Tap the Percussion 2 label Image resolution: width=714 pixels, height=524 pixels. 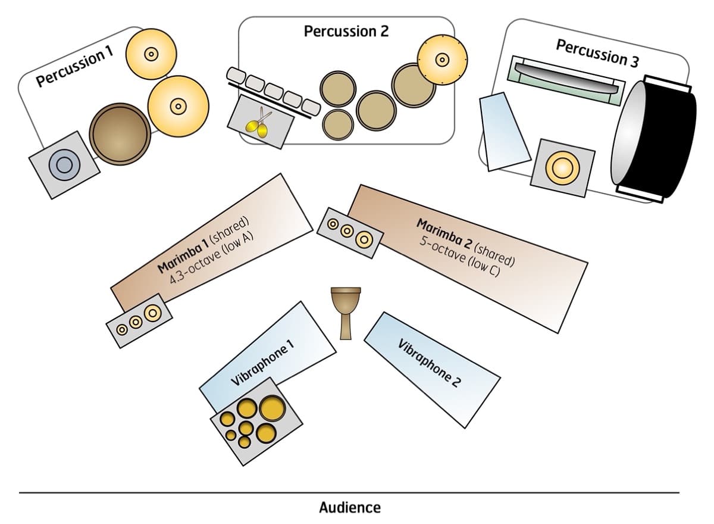(346, 31)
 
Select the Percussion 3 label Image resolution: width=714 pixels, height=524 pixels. (591, 52)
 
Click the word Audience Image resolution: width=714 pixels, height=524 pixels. (349, 508)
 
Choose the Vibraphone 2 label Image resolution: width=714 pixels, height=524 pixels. (428, 363)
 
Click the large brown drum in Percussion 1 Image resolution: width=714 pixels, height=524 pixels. (119, 135)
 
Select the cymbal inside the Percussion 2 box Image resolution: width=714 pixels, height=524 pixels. (441, 59)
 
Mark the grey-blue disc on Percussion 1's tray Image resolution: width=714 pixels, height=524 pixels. (64, 164)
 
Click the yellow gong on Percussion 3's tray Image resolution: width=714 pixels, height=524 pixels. (562, 167)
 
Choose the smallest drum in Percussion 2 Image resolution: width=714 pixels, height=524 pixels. (337, 123)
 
